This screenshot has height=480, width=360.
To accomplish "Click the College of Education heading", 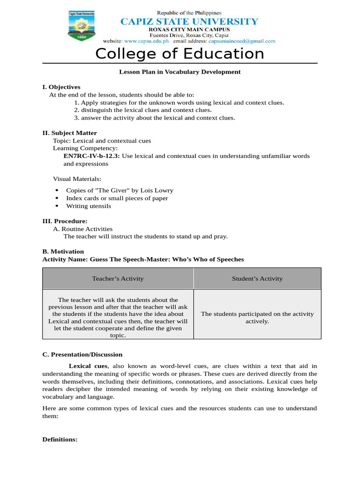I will (180, 54).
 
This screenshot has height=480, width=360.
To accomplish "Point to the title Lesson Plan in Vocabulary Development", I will (180, 72).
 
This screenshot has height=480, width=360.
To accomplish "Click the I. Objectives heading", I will (61, 87).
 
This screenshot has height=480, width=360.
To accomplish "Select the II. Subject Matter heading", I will (69, 133).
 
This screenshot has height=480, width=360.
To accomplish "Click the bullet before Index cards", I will (57, 198).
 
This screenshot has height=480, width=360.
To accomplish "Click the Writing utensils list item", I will (89, 206).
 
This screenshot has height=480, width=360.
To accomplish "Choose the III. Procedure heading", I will (65, 221).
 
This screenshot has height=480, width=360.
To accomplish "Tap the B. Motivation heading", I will (63, 252).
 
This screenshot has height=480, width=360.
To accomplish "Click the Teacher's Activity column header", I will (118, 278).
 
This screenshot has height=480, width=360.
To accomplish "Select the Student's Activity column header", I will (257, 278).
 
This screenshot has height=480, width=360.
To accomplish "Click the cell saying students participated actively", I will (257, 317).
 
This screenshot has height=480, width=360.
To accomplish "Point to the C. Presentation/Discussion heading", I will (82, 354).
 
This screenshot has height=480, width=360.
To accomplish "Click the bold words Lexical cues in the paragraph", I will (88, 366).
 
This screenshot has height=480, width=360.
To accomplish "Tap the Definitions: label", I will (60, 440).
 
